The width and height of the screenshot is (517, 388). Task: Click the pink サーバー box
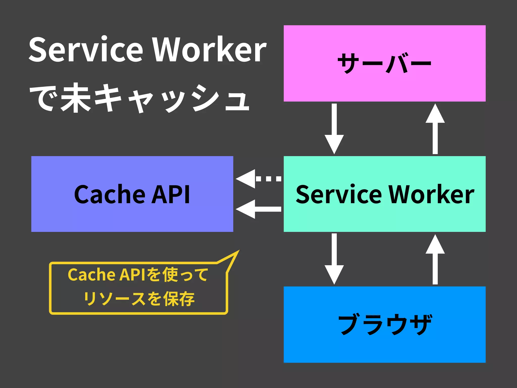384,63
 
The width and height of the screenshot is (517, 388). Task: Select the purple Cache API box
132,194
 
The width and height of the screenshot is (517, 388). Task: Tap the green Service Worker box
384,194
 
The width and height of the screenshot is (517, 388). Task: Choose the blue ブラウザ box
384,324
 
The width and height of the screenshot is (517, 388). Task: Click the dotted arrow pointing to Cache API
258,179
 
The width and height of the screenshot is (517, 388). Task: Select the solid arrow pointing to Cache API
258,209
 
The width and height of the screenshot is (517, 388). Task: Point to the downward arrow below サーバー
334,129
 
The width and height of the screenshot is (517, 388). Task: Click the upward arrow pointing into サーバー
435,129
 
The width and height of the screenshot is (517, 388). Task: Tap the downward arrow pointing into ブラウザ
334,259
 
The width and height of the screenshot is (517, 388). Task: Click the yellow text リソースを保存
139,299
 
